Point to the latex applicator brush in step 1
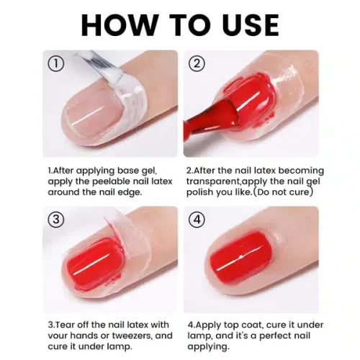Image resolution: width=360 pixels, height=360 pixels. (x=101, y=60)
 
